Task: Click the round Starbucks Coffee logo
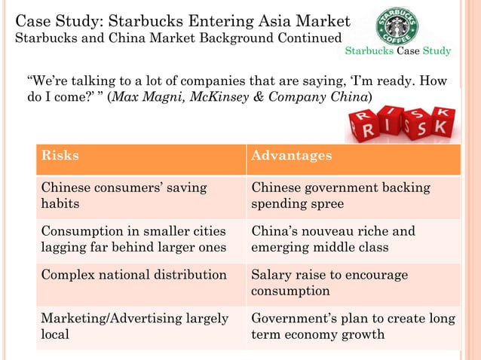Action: pyautogui.click(x=397, y=26)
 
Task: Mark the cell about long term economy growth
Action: pyautogui.click(x=353, y=326)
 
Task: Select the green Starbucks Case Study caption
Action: pyautogui.click(x=398, y=51)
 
